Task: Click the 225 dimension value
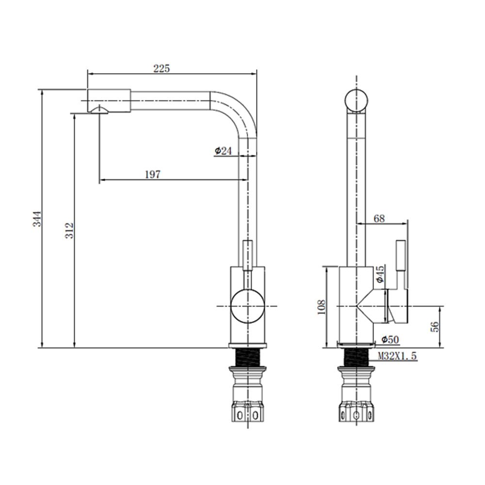(x=162, y=69)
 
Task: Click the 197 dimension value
(x=153, y=175)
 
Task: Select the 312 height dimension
(x=69, y=230)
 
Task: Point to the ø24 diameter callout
(x=223, y=151)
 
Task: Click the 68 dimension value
(x=379, y=219)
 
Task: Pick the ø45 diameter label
(x=380, y=274)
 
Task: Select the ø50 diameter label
(x=389, y=339)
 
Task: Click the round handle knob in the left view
(x=247, y=307)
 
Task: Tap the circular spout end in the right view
(x=356, y=101)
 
